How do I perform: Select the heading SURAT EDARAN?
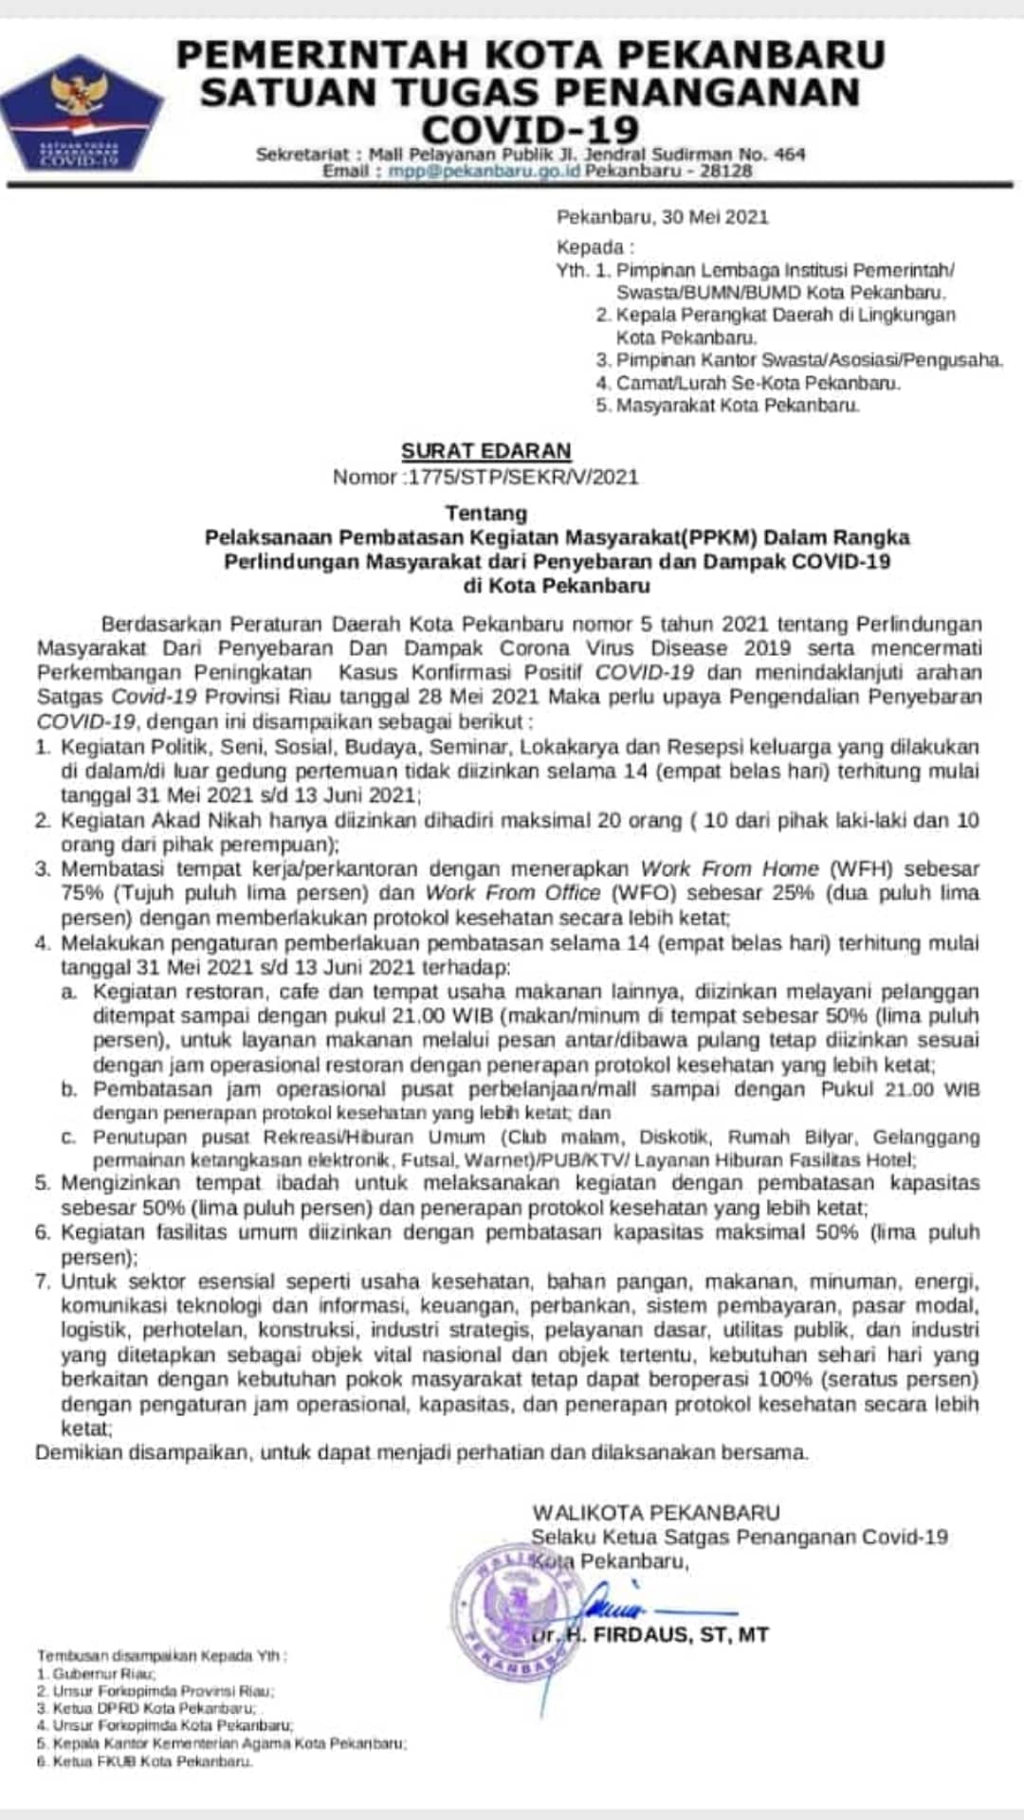pyautogui.click(x=485, y=451)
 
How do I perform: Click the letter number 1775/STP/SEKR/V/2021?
pyautogui.click(x=522, y=477)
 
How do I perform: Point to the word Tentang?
pyautogui.click(x=485, y=513)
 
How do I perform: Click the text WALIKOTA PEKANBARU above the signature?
pyautogui.click(x=656, y=1513)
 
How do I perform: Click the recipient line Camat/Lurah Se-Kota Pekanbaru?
pyautogui.click(x=758, y=383)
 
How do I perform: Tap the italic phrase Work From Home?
pyautogui.click(x=730, y=868)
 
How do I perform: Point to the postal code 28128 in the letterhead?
pyautogui.click(x=726, y=172)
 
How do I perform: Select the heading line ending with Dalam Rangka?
pyautogui.click(x=558, y=537)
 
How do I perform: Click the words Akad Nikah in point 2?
pyautogui.click(x=192, y=820)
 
